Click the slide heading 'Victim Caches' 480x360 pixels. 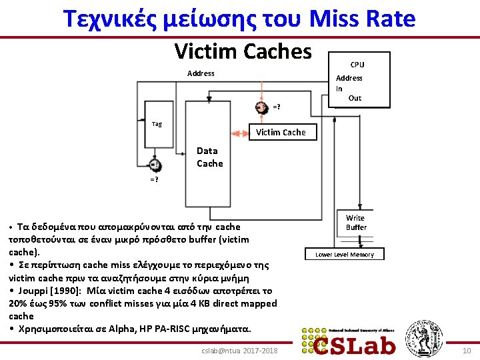point(243,51)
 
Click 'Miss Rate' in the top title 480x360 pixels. point(363,19)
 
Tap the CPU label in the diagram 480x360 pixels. point(357,65)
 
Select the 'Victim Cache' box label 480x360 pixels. point(281,132)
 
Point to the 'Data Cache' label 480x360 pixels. point(209,157)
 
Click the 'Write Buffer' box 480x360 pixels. point(355,223)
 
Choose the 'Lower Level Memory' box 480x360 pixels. point(345,255)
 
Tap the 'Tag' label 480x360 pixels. point(157,123)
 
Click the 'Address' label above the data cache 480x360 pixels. point(201,73)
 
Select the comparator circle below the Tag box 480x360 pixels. point(155,165)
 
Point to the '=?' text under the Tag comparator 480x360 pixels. point(154,180)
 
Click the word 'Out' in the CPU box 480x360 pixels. point(355,98)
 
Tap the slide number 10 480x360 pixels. point(466,351)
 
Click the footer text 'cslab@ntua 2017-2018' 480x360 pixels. point(240,351)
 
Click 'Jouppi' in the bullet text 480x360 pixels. point(31,291)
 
